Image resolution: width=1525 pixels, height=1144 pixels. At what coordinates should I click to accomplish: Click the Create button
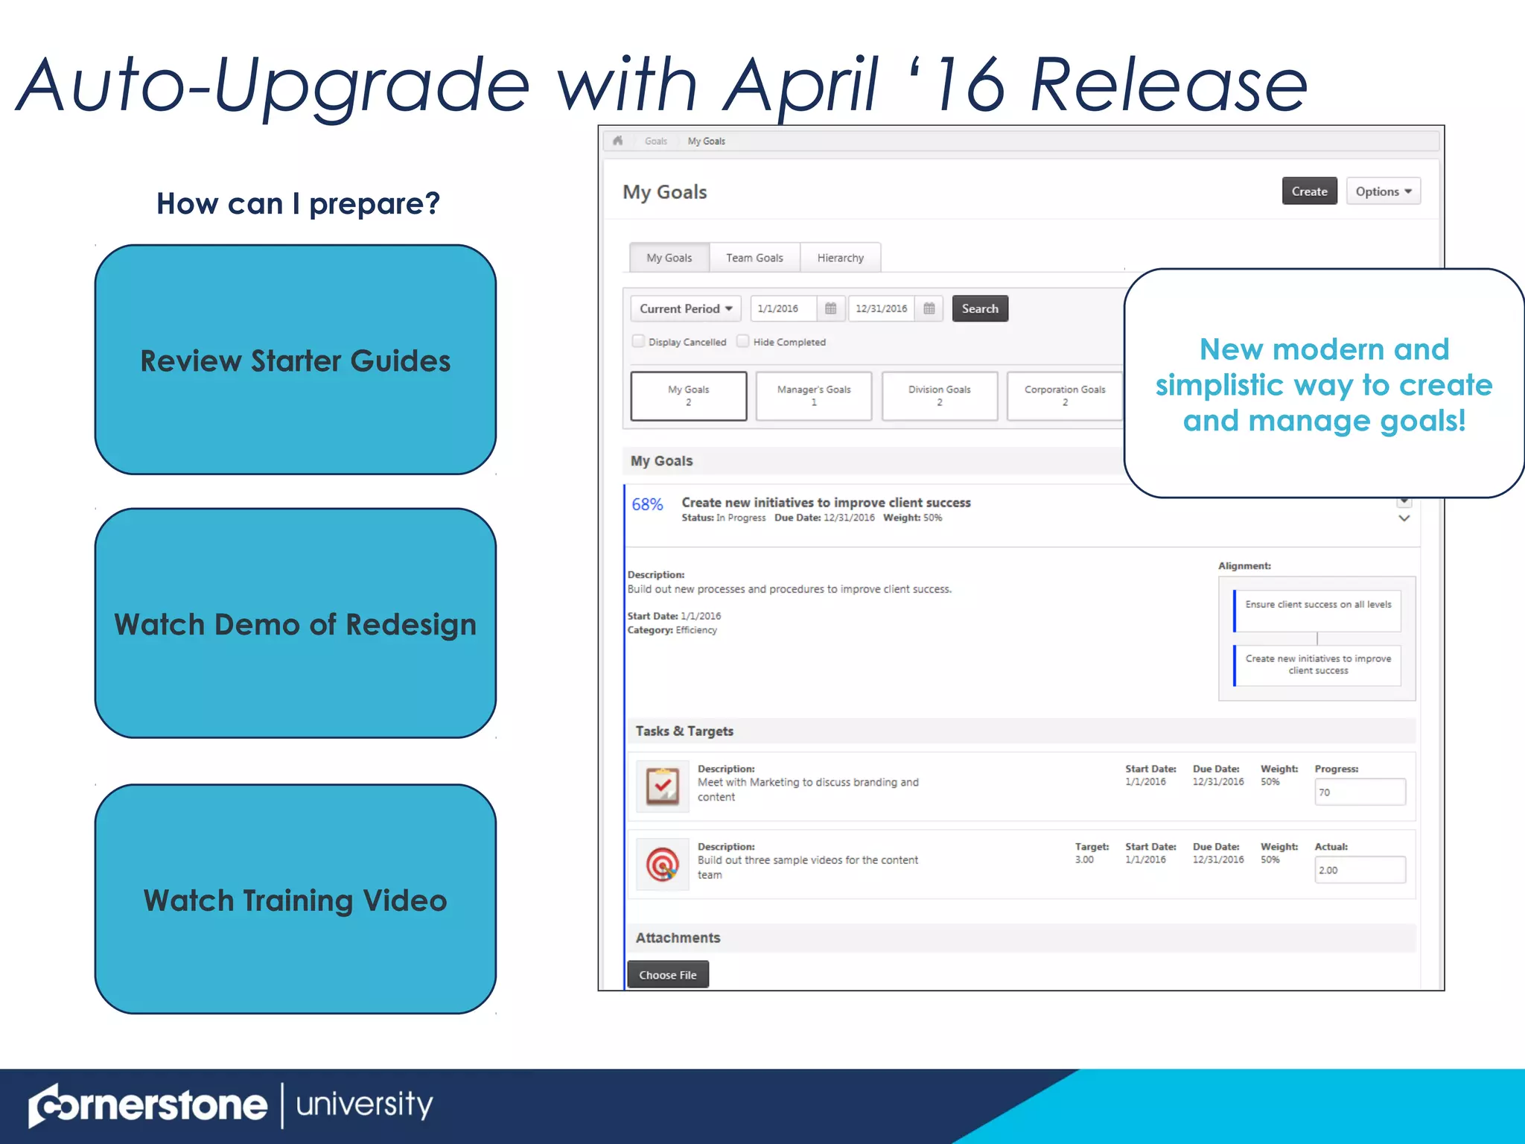point(1309,191)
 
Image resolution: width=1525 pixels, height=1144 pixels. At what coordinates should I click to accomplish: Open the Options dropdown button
point(1383,191)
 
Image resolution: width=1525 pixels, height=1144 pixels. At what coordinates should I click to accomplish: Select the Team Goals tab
point(754,258)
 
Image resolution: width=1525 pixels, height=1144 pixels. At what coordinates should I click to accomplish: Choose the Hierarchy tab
point(840,258)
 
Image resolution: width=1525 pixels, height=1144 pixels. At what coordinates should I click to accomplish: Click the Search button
point(979,308)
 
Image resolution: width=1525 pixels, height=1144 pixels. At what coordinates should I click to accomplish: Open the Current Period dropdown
point(686,308)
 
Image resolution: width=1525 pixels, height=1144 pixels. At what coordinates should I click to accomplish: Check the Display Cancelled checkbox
point(638,341)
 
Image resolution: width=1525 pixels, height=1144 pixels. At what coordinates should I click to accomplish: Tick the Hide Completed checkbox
point(743,341)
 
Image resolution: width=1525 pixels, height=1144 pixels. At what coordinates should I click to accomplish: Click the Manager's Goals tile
point(813,395)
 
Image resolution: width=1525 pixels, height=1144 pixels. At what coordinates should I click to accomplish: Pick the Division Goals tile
point(939,395)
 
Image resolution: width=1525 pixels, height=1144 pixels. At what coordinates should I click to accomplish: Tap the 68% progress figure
point(647,504)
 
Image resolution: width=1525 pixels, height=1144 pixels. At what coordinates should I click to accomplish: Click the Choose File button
point(667,974)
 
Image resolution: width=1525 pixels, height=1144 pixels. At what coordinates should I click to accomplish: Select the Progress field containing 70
point(1360,792)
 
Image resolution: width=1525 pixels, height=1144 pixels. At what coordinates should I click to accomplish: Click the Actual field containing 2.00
point(1360,870)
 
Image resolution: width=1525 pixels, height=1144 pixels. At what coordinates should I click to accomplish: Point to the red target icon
point(662,864)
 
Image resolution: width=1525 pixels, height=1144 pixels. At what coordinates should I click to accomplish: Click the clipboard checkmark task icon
point(662,786)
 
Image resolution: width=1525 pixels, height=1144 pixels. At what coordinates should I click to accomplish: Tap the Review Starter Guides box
point(296,360)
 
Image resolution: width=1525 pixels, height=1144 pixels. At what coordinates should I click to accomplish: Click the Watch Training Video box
point(296,899)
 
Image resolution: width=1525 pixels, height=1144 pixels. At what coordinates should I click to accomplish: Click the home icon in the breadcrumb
point(617,141)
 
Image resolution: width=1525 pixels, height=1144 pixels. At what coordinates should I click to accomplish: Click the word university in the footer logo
point(364,1105)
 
